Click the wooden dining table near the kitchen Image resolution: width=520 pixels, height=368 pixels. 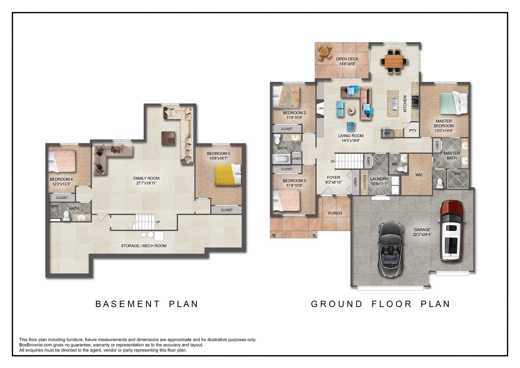(394, 61)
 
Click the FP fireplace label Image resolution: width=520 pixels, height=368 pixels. (321, 108)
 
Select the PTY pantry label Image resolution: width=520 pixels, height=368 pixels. (413, 131)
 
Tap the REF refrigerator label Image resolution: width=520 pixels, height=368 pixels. (387, 134)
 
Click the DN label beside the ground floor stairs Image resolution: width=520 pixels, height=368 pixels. (333, 161)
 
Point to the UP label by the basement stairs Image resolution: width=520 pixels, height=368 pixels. (158, 222)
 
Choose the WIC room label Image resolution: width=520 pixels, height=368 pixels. (419, 175)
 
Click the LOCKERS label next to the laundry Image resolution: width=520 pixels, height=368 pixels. (364, 182)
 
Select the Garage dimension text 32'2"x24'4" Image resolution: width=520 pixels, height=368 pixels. (422, 235)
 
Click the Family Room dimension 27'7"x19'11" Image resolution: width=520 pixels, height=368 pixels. (146, 183)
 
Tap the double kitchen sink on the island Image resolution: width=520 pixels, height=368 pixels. (394, 104)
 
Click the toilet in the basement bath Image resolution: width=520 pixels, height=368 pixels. (67, 215)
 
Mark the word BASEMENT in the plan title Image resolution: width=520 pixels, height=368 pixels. (128, 304)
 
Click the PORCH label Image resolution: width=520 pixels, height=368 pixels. (335, 213)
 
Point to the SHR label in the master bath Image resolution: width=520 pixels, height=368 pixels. (457, 174)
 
